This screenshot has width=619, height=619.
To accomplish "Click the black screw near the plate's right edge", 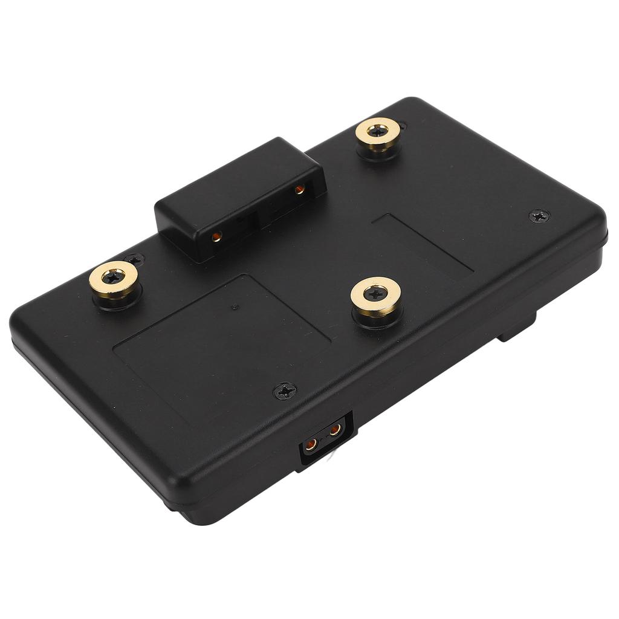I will (539, 216).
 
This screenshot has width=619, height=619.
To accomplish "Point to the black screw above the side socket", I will (285, 391).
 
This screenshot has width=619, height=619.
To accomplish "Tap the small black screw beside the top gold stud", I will (401, 126).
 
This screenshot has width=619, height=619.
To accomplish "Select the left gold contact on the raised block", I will (216, 237).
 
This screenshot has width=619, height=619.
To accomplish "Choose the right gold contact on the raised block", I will (299, 190).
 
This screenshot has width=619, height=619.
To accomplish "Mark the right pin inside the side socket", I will (334, 430).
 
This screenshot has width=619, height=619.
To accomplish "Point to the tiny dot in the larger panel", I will (235, 307).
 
